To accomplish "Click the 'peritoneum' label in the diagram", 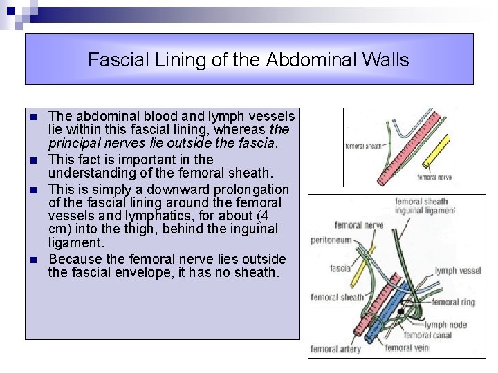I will coord(331,240).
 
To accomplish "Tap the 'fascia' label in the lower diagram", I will coord(340,268).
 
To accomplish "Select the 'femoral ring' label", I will coord(454,302).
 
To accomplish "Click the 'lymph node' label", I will coord(445,325).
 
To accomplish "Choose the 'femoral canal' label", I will coord(427,335).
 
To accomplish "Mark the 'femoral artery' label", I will coord(335,350).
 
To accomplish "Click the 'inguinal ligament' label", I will coord(425,210).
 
